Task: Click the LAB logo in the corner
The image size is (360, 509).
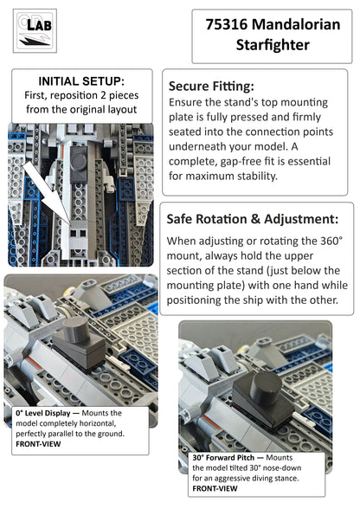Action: (35, 31)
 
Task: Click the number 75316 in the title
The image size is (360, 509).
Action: (226, 24)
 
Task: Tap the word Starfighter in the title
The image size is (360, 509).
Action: (273, 45)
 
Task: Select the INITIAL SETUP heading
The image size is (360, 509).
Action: (81, 81)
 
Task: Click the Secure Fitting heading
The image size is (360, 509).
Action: (211, 86)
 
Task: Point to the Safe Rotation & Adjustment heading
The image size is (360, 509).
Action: (253, 219)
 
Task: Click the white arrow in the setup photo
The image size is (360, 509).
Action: (47, 192)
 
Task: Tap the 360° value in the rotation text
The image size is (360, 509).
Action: (331, 242)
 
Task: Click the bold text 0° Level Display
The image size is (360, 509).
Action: (43, 413)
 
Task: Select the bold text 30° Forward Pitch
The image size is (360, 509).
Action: (223, 458)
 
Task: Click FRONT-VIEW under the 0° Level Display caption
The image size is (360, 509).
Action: (38, 444)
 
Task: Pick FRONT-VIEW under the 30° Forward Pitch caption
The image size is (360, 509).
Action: (215, 488)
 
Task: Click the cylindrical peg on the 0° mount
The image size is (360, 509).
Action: (76, 330)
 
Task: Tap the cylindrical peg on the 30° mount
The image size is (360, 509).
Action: (267, 384)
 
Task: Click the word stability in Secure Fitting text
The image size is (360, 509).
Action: (258, 176)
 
